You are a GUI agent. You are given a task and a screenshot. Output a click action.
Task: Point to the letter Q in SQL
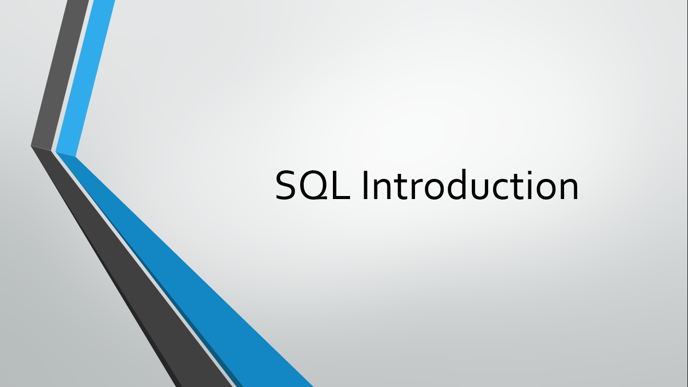(314, 186)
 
